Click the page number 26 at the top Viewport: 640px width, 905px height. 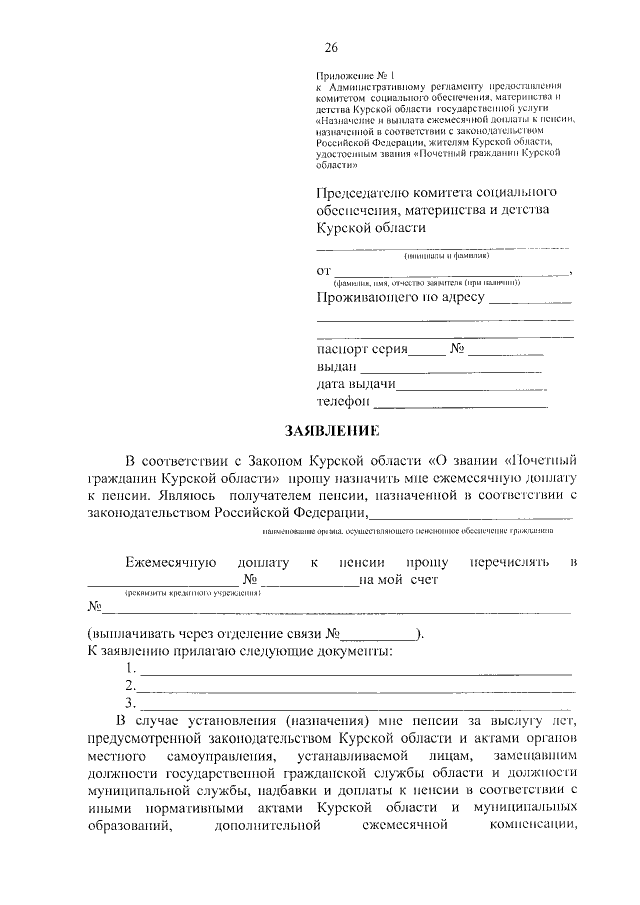(x=331, y=48)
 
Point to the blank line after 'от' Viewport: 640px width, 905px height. (x=450, y=272)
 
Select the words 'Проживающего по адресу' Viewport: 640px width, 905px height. (x=400, y=298)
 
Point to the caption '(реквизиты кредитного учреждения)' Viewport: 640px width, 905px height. (x=185, y=593)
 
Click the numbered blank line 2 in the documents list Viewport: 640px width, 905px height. (x=355, y=687)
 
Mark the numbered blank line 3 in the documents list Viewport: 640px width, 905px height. (x=355, y=704)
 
